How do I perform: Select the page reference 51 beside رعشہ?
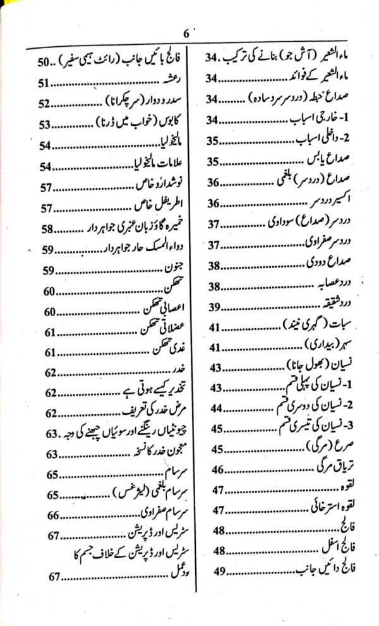pyautogui.click(x=44, y=83)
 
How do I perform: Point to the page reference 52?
pyautogui.click(x=44, y=104)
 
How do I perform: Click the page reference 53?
pyautogui.click(x=44, y=125)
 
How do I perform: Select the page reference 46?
pyautogui.click(x=216, y=469)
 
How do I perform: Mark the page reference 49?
pyautogui.click(x=216, y=570)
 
